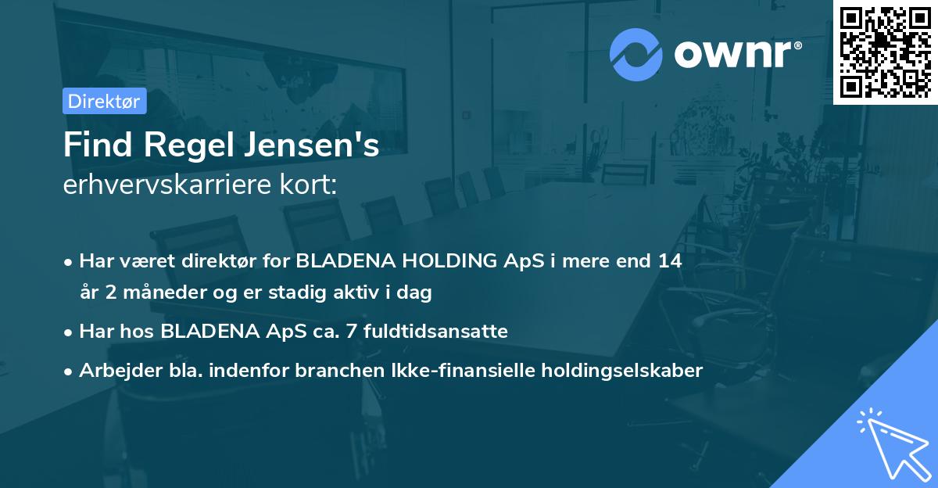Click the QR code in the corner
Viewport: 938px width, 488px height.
click(886, 52)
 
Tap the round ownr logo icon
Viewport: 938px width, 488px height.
click(635, 54)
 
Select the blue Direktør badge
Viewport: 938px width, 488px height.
click(104, 101)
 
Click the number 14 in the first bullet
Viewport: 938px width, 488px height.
click(670, 261)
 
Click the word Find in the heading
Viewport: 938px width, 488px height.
click(91, 146)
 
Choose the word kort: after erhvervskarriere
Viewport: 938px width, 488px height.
click(312, 186)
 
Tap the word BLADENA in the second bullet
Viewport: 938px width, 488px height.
click(209, 332)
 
